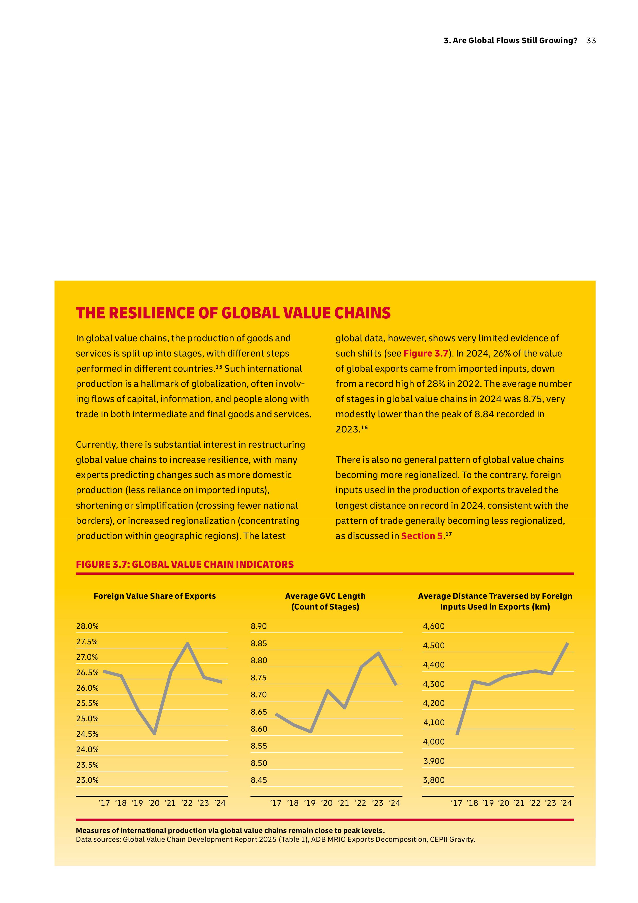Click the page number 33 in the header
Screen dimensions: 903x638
[x=591, y=40]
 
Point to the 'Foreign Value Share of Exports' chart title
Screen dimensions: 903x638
[x=155, y=596]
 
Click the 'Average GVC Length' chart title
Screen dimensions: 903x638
[x=325, y=596]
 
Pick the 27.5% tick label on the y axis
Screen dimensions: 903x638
[x=87, y=641]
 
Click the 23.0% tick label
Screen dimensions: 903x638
[x=87, y=780]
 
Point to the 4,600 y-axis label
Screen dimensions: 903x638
[x=434, y=626]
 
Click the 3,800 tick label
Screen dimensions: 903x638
[x=434, y=780]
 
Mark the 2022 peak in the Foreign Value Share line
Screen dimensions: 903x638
[x=188, y=644]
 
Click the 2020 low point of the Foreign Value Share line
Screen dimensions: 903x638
[x=155, y=733]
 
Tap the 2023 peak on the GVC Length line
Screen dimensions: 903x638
[x=378, y=653]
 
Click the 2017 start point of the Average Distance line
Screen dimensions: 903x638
[x=457, y=734]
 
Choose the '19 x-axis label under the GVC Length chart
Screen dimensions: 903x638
[x=310, y=803]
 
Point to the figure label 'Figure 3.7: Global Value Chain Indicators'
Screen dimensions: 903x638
[x=185, y=564]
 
